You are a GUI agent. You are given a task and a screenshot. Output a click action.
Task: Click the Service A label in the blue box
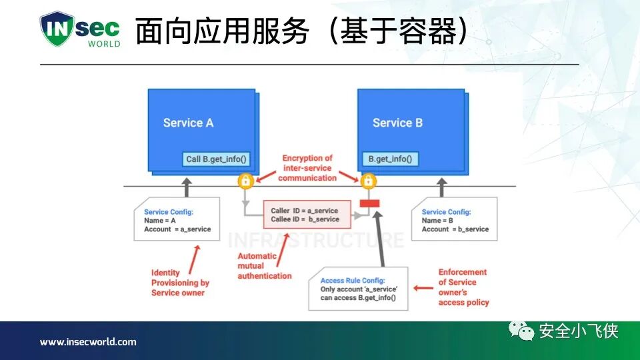tap(188, 123)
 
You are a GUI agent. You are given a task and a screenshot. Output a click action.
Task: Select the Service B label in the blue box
tap(397, 123)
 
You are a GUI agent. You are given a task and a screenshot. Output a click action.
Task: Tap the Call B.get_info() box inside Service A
tap(215, 159)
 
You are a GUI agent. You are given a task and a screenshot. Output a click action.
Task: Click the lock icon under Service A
tap(245, 181)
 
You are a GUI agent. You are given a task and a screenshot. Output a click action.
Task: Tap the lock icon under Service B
tap(368, 181)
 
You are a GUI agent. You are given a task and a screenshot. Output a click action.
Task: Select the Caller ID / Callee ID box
tap(306, 215)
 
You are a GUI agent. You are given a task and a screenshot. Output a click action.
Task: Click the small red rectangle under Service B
tap(369, 203)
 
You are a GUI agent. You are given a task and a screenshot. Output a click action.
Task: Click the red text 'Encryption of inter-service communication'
tap(307, 168)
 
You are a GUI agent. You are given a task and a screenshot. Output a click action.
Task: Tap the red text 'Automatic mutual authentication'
tap(265, 266)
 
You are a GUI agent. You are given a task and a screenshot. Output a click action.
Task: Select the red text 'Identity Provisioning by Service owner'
tap(180, 283)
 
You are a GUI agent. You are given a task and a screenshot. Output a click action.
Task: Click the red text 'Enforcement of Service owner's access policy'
tap(463, 287)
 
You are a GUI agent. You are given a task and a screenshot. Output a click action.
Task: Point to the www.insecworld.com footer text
tap(87, 342)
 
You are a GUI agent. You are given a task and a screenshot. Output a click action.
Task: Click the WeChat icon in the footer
tap(522, 331)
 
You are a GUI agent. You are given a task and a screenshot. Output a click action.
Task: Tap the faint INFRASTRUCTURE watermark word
tap(315, 240)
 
